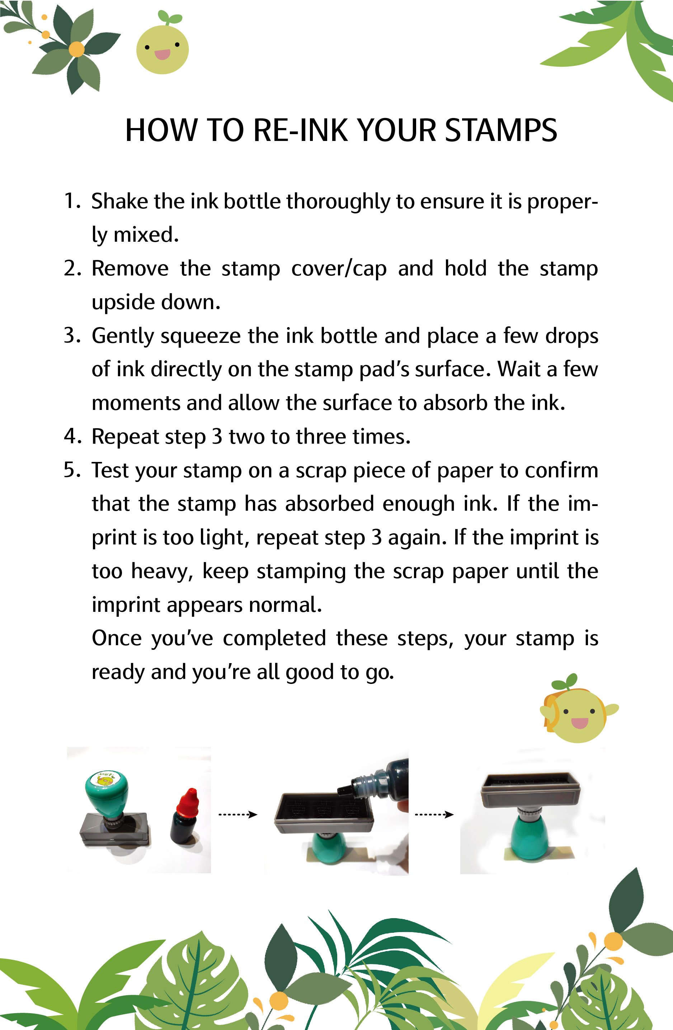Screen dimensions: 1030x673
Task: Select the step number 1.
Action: pyautogui.click(x=70, y=201)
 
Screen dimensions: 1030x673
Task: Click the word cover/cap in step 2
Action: pyautogui.click(x=339, y=268)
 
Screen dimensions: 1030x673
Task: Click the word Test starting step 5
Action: pyautogui.click(x=110, y=470)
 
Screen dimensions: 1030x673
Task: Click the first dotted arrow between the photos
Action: pyautogui.click(x=237, y=814)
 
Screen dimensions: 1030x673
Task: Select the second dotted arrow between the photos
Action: pyautogui.click(x=434, y=814)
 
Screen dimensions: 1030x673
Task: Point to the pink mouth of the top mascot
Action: pyautogui.click(x=162, y=54)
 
